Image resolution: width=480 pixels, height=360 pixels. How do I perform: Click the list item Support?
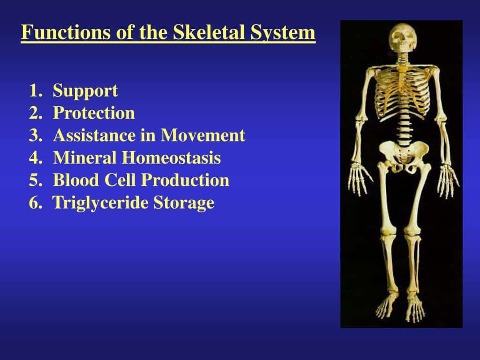coord(85,90)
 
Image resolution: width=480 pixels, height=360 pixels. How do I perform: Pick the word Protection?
coord(94,113)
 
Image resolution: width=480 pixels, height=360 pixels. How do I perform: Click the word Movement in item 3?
coord(203,135)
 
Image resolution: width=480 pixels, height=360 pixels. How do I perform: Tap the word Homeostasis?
coord(172,158)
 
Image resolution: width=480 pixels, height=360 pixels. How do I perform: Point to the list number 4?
coord(33,158)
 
